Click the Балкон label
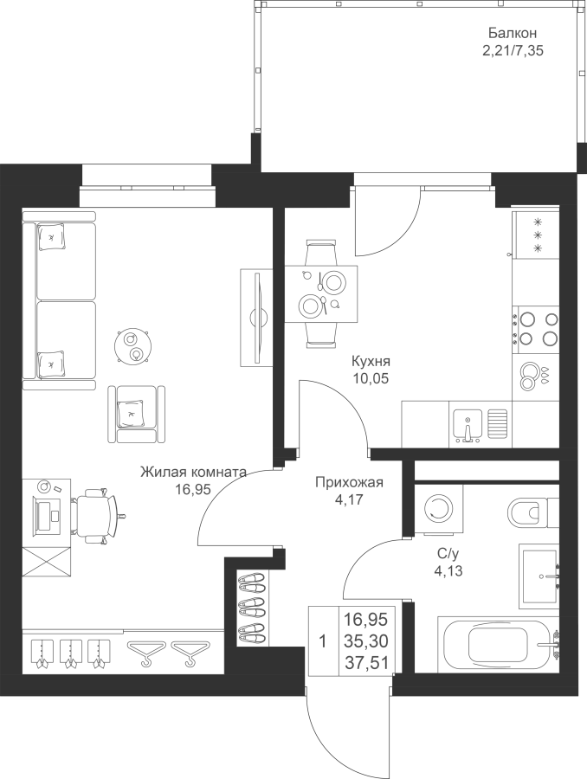[512, 33]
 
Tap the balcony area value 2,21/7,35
[512, 51]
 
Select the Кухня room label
[371, 361]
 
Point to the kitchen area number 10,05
[371, 378]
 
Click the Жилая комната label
[193, 472]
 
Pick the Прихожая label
[350, 482]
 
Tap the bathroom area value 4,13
[448, 571]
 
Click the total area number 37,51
[366, 662]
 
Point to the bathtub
[498, 644]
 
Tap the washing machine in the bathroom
[438, 509]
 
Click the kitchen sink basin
[468, 425]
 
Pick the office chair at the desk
[98, 515]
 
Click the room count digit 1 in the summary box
[323, 641]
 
